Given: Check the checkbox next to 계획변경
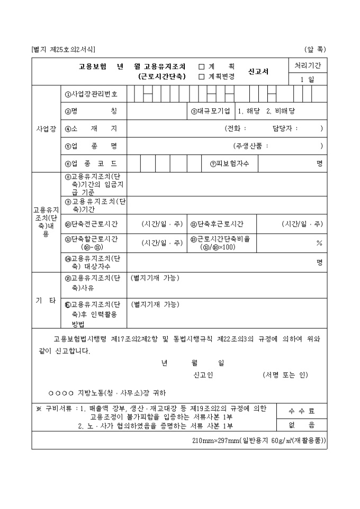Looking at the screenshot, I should (x=201, y=76).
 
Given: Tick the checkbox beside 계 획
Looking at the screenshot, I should (x=201, y=67).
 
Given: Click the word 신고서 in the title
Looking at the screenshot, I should (x=258, y=71).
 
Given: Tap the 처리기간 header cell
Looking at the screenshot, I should (x=308, y=66).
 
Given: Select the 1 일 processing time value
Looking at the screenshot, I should (x=308, y=79).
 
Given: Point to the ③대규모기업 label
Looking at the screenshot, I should (x=211, y=111).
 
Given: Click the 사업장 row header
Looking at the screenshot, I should (x=46, y=129).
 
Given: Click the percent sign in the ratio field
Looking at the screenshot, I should (x=319, y=243).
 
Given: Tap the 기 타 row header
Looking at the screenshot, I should (x=46, y=301).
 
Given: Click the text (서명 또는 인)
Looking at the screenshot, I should (x=285, y=375).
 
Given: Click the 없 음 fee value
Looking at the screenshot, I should (x=302, y=424).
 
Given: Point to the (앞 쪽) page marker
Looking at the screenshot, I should (x=316, y=50).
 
